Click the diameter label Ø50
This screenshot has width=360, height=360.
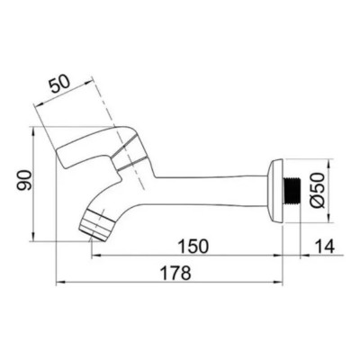click(325, 192)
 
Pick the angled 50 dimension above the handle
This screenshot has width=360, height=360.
click(64, 85)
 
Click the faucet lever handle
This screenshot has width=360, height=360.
click(90, 148)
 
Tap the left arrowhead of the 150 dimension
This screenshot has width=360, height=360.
click(94, 256)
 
